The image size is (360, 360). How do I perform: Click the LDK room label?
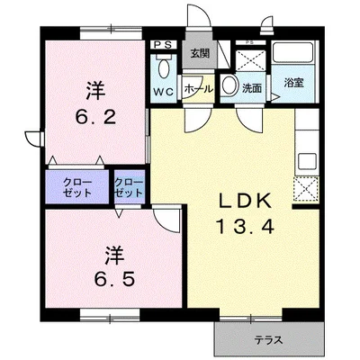tap(245, 201)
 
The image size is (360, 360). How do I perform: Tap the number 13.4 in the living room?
tap(245, 226)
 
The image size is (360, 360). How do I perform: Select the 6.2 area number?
tap(95, 118)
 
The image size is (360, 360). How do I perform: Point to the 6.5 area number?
tap(114, 279)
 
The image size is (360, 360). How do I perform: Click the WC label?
tap(164, 91)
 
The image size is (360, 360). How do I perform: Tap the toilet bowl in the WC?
tap(164, 68)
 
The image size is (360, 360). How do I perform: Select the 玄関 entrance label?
tap(200, 54)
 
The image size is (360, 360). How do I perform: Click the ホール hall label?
tap(199, 89)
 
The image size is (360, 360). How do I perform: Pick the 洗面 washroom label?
tap(252, 88)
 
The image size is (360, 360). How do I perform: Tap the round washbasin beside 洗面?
tap(229, 85)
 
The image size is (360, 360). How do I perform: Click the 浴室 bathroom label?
tap(294, 83)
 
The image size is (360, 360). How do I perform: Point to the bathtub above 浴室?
tap(292, 53)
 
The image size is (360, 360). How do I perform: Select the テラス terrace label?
tap(269, 340)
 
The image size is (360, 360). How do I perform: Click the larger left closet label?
tap(76, 187)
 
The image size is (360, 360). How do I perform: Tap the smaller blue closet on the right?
tap(130, 187)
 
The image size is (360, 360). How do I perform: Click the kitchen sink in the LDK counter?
tap(307, 161)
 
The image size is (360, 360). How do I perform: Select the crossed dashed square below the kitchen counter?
tap(306, 189)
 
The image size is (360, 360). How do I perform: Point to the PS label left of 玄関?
tap(164, 45)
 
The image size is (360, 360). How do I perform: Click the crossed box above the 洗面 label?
tap(250, 61)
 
